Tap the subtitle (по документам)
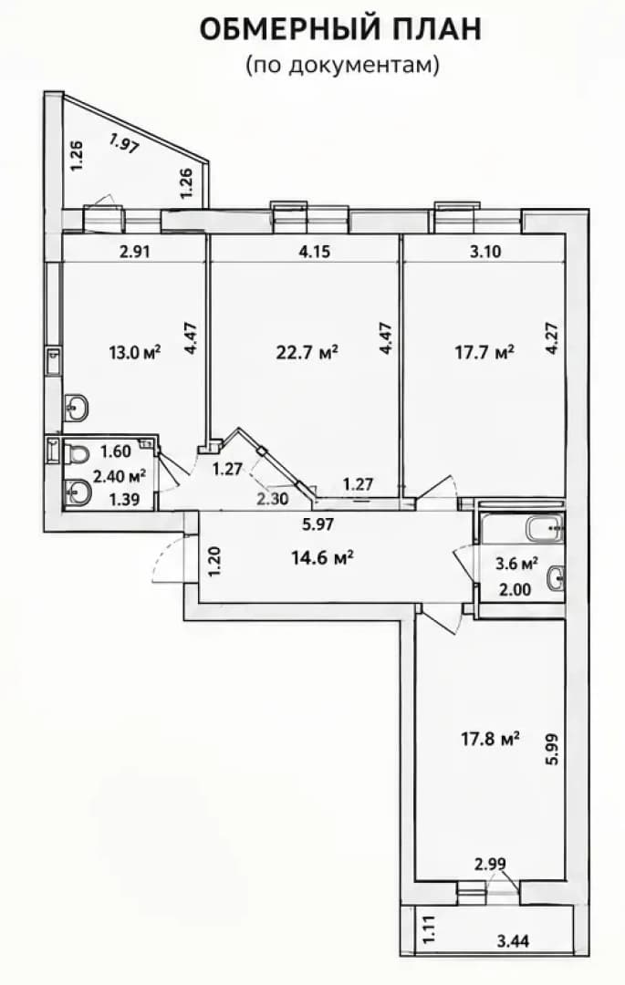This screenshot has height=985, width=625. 341,65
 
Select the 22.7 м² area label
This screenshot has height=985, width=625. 307,352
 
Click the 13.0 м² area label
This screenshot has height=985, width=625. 135,352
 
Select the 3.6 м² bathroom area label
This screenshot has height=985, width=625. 517,564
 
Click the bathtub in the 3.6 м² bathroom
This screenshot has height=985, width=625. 544,530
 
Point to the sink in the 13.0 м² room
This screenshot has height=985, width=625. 76,408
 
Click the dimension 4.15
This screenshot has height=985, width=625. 314,252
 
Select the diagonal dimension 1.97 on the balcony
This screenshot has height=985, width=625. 123,144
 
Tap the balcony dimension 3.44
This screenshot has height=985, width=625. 513,941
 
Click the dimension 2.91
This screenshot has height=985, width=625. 135,252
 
